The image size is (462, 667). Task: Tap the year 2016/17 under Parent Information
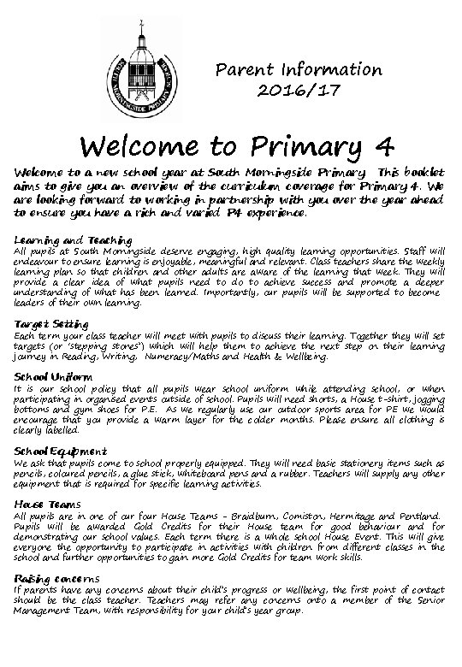click(x=299, y=91)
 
